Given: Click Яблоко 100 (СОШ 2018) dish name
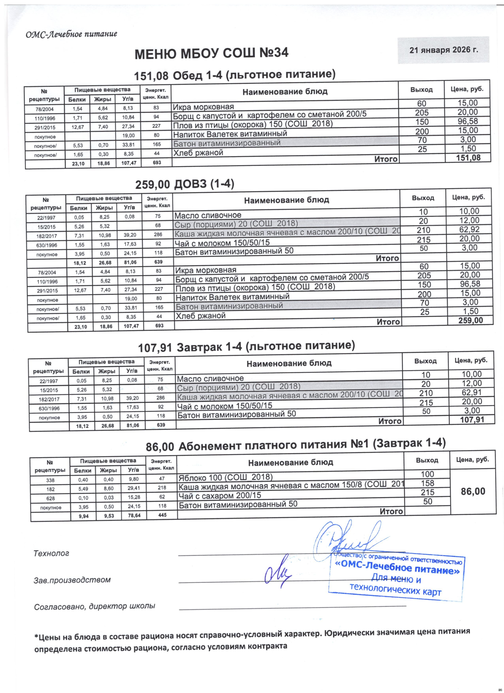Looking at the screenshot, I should pos(225,477).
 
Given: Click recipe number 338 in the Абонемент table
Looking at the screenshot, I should pos(50,480).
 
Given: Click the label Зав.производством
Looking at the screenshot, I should pos(72,580).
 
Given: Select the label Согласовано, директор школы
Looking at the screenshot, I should pos(94,606).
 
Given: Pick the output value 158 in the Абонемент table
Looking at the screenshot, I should pos(427,483).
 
